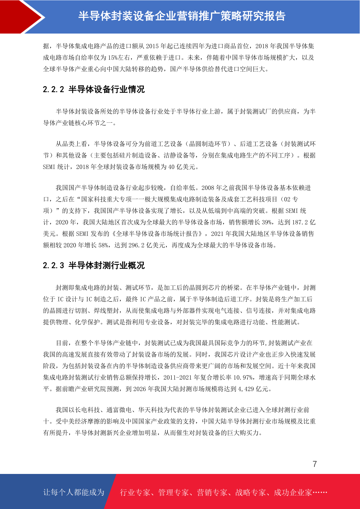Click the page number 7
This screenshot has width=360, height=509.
pos(315,464)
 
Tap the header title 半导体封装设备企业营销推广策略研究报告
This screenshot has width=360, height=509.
pos(182,16)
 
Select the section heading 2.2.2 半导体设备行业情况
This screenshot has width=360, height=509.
pos(94,89)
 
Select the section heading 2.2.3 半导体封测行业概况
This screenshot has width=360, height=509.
pos(94,266)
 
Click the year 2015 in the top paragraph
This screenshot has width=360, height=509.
pos(152,46)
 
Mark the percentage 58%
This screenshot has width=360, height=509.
pos(103,245)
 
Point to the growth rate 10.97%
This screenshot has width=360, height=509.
pos(243,378)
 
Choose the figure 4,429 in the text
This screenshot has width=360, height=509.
pos(246,389)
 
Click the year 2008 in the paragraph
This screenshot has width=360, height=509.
pos(208,188)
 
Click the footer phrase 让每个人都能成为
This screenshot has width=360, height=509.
pos(74,492)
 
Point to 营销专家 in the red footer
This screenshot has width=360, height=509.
pos(212,493)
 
